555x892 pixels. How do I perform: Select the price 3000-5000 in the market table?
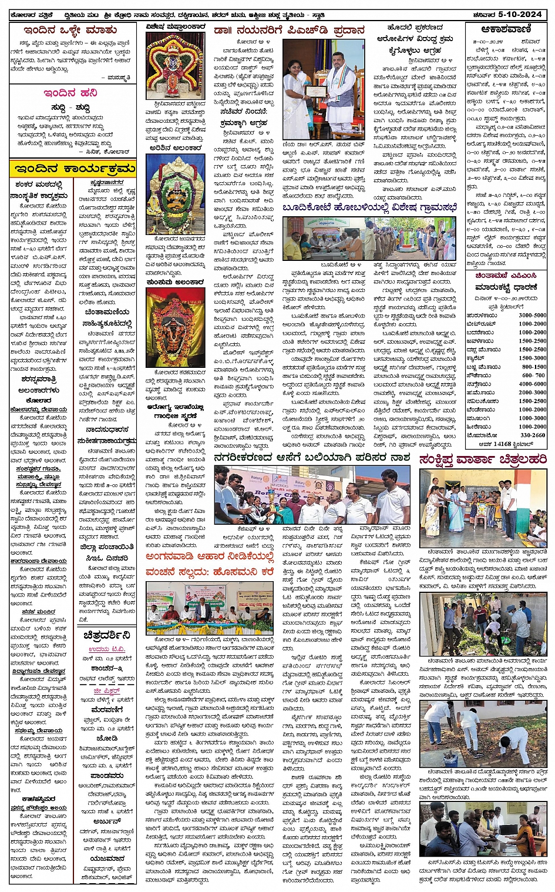532,316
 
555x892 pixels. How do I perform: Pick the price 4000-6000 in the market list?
532,384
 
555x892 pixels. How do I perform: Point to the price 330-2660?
532,435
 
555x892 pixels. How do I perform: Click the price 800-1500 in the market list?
533,367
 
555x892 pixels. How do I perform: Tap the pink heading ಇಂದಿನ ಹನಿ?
70,93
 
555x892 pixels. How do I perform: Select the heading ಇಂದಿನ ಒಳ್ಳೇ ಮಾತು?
70,30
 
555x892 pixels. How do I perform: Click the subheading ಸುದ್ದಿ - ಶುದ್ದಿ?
70,108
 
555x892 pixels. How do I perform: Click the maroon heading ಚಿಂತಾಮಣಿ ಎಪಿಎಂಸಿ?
506,275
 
